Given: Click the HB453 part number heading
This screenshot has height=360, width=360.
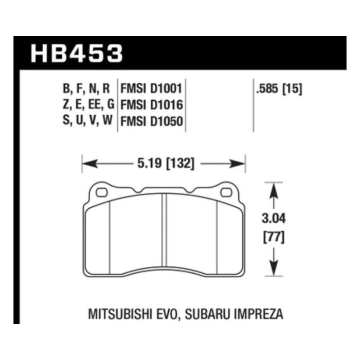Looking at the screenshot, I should (77, 53).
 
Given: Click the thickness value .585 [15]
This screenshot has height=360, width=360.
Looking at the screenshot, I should (278, 88).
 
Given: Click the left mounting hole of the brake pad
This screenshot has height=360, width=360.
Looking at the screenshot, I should (101, 193).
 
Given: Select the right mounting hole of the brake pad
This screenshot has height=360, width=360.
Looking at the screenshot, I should (226, 193).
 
